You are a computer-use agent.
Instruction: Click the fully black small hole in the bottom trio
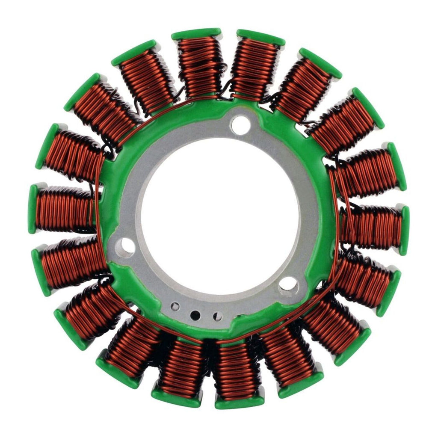[x=195, y=315]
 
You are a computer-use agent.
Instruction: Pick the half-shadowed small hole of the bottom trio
[x=218, y=317]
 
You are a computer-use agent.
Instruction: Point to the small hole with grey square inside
[x=175, y=307]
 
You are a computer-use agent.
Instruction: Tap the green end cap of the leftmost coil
[x=33, y=209]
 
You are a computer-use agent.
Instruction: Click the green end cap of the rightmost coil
[x=404, y=230]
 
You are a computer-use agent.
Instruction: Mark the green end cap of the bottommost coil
[x=240, y=402]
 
